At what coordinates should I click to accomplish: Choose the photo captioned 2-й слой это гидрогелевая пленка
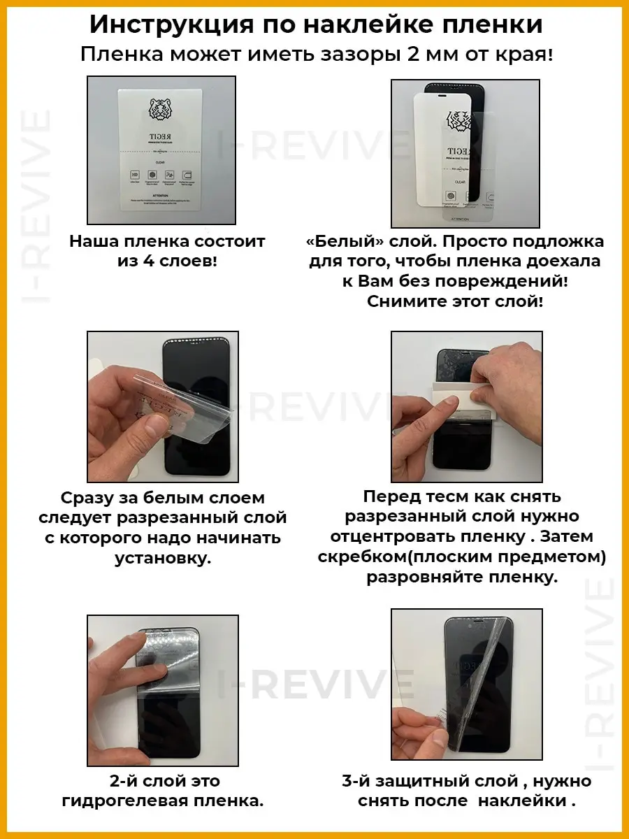[x=162, y=689]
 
